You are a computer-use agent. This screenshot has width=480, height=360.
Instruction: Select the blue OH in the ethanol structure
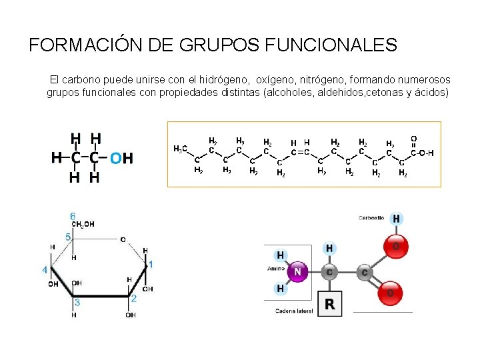click(x=121, y=158)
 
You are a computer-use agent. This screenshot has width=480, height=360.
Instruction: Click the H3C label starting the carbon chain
click(x=180, y=148)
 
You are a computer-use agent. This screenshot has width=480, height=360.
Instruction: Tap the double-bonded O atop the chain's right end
click(x=413, y=139)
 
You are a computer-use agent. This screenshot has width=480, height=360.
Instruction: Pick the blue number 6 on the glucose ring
click(x=73, y=216)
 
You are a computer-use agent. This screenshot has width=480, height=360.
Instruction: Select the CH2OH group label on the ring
click(x=83, y=225)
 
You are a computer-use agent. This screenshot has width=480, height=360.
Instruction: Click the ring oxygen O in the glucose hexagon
click(x=122, y=239)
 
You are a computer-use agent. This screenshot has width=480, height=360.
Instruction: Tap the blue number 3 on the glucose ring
click(x=77, y=302)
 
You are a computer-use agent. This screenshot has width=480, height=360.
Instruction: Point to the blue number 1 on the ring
click(x=151, y=265)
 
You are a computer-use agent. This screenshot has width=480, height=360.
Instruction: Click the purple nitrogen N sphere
click(x=297, y=272)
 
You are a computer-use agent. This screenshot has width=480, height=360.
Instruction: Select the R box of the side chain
click(x=329, y=305)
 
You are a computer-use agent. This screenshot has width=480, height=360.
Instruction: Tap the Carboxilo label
click(x=371, y=218)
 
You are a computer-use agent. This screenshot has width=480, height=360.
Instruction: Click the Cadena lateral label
click(x=295, y=311)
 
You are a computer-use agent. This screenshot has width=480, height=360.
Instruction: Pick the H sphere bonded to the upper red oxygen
click(x=397, y=219)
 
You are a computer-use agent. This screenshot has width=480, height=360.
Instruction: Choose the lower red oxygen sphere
click(x=391, y=293)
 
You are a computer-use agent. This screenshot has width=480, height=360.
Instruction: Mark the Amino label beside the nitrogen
click(x=277, y=268)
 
